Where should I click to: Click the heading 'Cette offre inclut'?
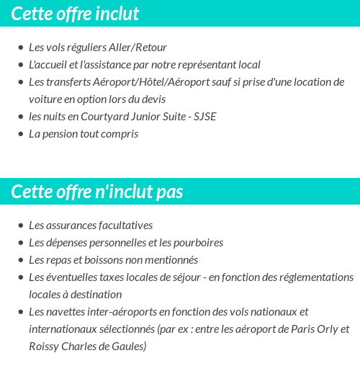point(76,14)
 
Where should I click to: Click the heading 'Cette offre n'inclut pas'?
point(97,192)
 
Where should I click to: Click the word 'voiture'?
point(45,99)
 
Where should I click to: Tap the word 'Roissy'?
point(43,347)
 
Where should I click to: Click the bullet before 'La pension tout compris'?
point(20,135)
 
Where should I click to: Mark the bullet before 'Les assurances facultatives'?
point(20,226)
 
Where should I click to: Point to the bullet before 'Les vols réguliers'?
point(20,48)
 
